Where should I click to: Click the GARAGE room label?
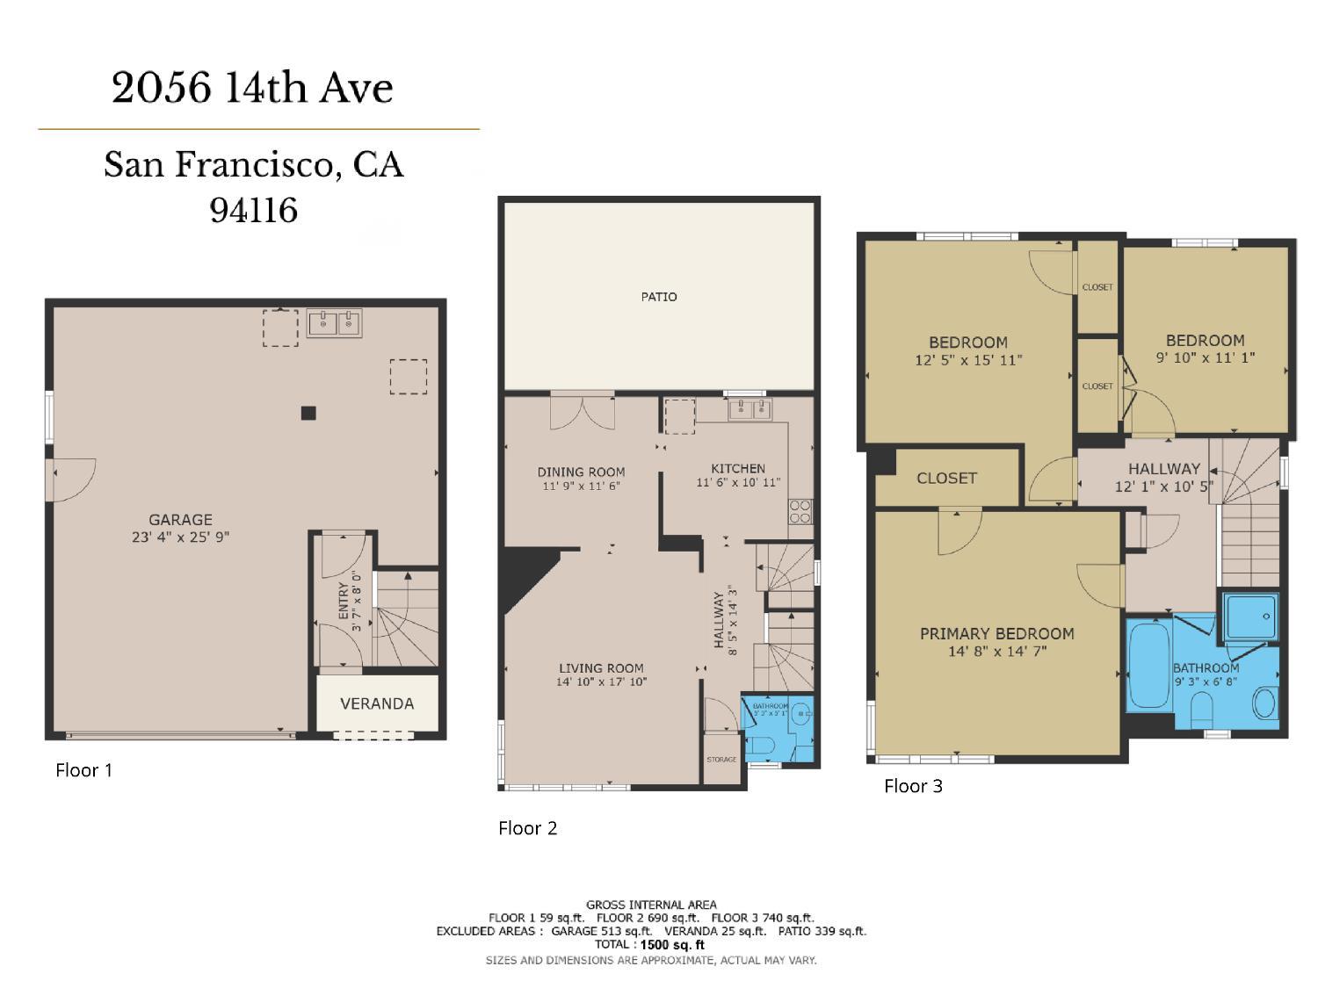coord(180,519)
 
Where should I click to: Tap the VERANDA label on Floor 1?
coord(377,703)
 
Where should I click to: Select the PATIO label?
coord(659,297)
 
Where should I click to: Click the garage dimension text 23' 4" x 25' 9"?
coord(180,537)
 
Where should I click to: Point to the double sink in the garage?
coord(334,324)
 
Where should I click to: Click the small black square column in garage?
coord(308,413)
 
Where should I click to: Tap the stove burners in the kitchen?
coord(800,511)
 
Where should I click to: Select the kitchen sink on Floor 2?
coord(750,409)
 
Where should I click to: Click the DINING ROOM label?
coord(581,472)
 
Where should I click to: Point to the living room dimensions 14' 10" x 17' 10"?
coord(602,682)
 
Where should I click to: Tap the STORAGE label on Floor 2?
coord(721,759)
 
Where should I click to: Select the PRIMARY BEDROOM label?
coord(996,633)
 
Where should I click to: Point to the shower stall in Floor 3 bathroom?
coord(1249,616)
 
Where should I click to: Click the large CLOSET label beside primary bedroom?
coord(946,478)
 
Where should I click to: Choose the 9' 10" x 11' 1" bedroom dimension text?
coord(1205,357)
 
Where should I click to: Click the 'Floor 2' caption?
coord(527,827)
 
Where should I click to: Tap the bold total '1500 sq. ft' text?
coord(672,945)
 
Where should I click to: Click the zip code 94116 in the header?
coord(254,210)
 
